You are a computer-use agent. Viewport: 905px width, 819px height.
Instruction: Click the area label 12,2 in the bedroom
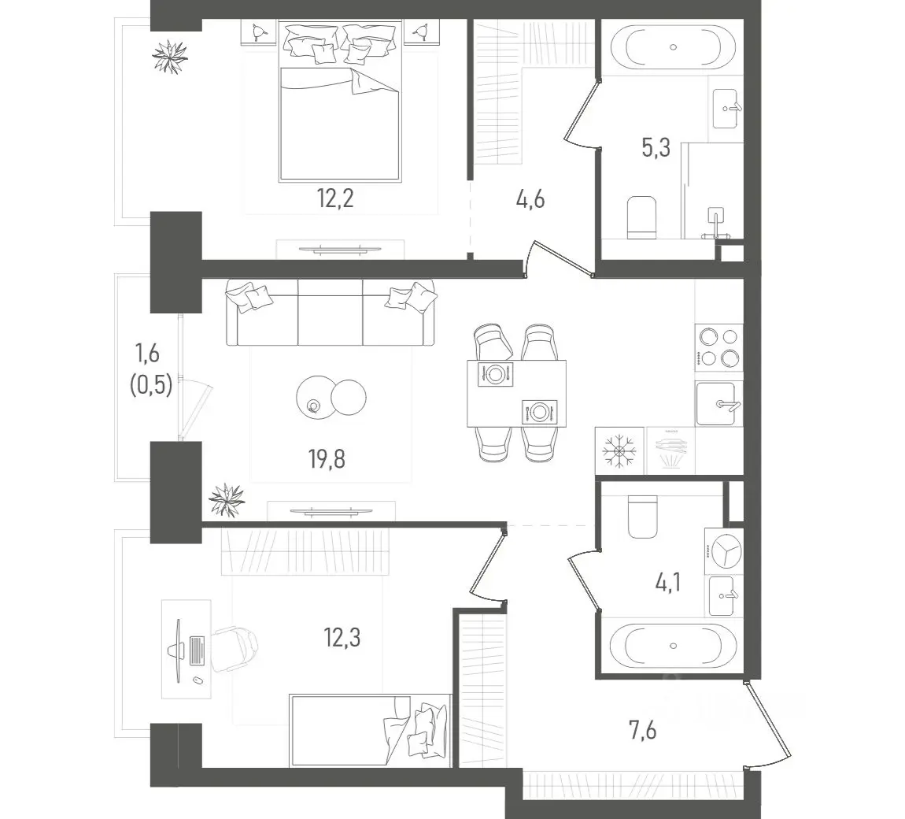click(334, 198)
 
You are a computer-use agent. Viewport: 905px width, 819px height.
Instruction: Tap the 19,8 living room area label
click(327, 459)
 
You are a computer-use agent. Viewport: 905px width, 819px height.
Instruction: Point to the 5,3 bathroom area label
click(656, 147)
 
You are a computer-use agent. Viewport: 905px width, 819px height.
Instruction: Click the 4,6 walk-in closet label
click(530, 200)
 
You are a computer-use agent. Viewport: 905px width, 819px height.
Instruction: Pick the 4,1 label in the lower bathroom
click(668, 582)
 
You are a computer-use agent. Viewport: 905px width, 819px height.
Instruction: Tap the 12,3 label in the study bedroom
click(342, 638)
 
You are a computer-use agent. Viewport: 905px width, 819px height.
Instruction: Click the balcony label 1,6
click(147, 352)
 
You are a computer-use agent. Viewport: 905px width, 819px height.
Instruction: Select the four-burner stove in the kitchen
click(718, 348)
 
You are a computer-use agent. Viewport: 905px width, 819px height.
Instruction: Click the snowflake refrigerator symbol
click(619, 450)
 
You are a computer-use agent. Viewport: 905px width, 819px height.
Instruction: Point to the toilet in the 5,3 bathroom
click(641, 218)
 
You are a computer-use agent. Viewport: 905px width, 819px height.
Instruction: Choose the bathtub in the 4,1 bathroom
click(673, 645)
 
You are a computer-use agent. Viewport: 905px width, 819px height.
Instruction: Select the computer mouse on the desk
click(198, 680)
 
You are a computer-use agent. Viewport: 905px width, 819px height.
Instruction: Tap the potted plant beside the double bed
click(170, 56)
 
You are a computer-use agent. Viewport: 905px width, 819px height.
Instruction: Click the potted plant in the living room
click(227, 499)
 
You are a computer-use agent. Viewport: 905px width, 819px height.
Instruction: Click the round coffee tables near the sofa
click(331, 397)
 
